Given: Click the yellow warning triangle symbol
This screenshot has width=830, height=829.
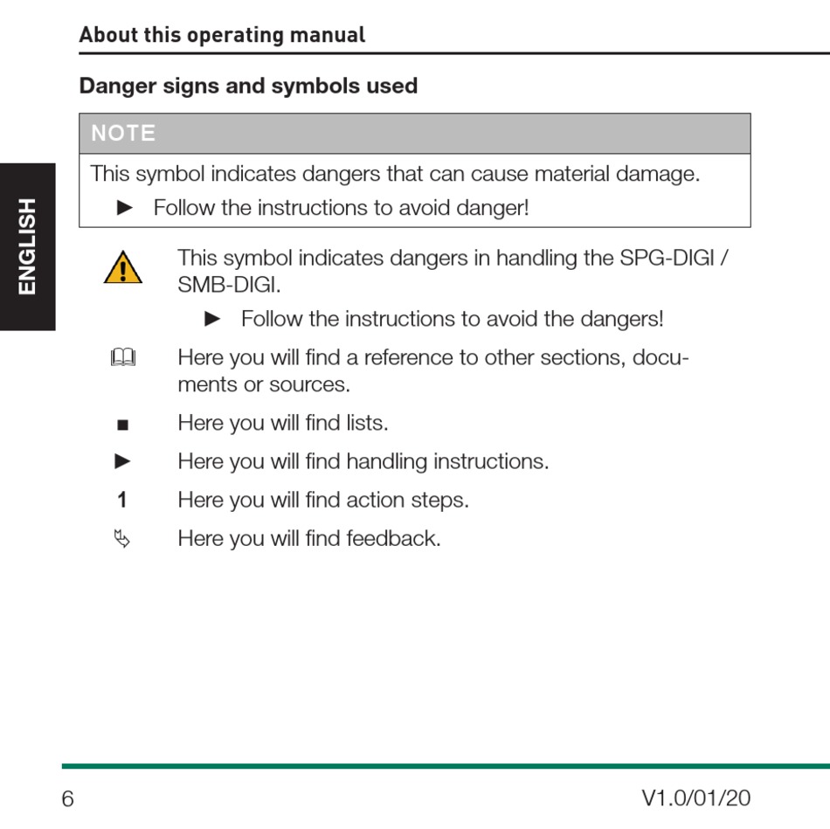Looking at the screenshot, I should tap(123, 268).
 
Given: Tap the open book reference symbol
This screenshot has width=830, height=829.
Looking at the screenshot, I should tap(123, 358).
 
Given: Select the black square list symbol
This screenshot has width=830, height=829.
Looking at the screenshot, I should tap(122, 425).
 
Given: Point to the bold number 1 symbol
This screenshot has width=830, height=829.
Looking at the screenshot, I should tap(122, 501).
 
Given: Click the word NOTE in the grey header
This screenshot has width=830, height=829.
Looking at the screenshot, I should tap(124, 134).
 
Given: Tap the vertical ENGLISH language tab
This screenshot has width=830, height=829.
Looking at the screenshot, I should tap(28, 246).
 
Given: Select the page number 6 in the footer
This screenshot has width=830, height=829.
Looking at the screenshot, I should tap(68, 798).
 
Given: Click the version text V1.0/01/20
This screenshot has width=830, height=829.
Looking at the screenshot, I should tap(695, 798).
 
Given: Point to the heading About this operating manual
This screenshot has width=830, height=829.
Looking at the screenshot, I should tap(222, 36).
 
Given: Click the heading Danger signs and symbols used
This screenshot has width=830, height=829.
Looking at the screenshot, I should tap(248, 86).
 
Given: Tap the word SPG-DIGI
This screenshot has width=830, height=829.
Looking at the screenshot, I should tap(667, 259).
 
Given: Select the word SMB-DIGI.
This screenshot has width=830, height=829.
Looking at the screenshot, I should tap(228, 286).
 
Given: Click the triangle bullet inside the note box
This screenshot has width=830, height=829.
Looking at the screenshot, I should tap(124, 208).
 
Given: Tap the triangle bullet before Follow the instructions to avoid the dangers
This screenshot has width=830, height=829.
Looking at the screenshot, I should tap(211, 320).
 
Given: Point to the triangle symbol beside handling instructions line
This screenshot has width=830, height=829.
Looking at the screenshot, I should tap(123, 461).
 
